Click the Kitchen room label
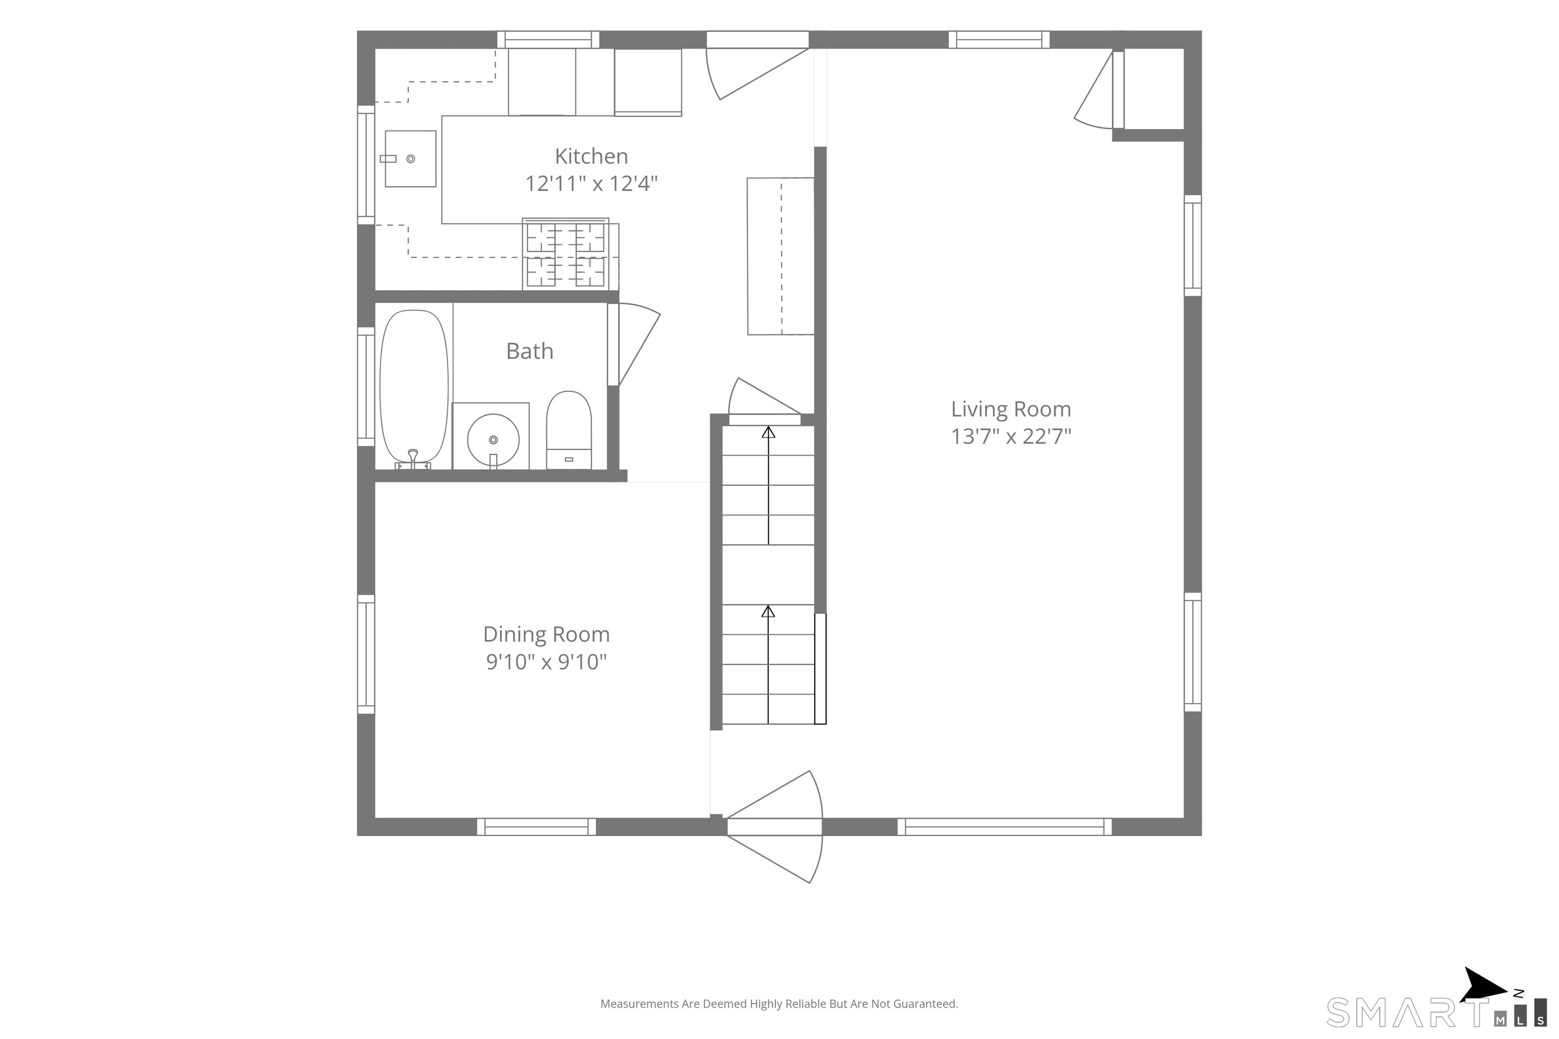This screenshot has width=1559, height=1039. (591, 156)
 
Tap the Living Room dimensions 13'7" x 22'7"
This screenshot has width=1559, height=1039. (1011, 436)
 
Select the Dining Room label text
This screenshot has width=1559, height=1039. (546, 634)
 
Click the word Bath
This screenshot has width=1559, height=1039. (530, 351)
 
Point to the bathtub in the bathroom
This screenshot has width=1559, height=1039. (414, 388)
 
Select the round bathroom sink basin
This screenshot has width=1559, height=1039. (493, 439)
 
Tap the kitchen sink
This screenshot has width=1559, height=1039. (410, 158)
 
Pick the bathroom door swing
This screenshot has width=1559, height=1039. (634, 344)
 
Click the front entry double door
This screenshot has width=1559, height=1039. (774, 826)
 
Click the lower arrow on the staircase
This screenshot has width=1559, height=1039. (768, 664)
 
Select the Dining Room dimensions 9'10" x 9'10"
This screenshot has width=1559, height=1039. (546, 662)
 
